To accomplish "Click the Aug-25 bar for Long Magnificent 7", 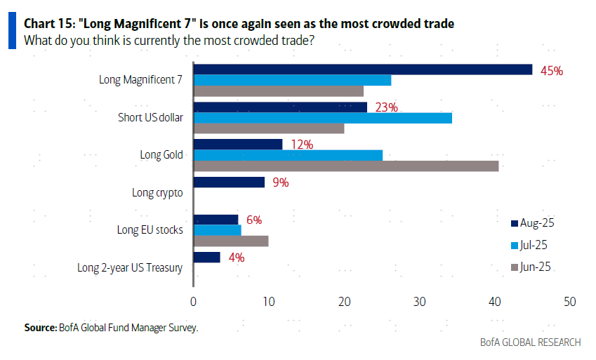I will pyautogui.click(x=362, y=69).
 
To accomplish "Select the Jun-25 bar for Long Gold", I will pyautogui.click(x=345, y=166).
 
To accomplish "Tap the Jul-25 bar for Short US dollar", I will pyautogui.click(x=322, y=118).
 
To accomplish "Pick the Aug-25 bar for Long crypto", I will pyautogui.click(x=229, y=182).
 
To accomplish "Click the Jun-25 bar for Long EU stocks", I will pyautogui.click(x=231, y=241).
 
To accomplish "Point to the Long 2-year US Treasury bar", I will pyautogui.click(x=206, y=258).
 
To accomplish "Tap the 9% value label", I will pyautogui.click(x=279, y=182).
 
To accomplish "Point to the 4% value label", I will pyautogui.click(x=236, y=258).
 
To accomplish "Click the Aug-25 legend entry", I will pyautogui.click(x=534, y=223).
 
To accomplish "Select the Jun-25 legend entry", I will pyautogui.click(x=534, y=267).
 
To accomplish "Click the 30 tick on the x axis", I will pyautogui.click(x=419, y=302).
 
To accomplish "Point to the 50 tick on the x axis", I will pyautogui.click(x=569, y=302).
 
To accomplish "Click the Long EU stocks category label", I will pyautogui.click(x=150, y=229).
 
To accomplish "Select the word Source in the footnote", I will pyautogui.click(x=39, y=328).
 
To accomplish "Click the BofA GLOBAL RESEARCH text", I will pyautogui.click(x=530, y=342).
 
